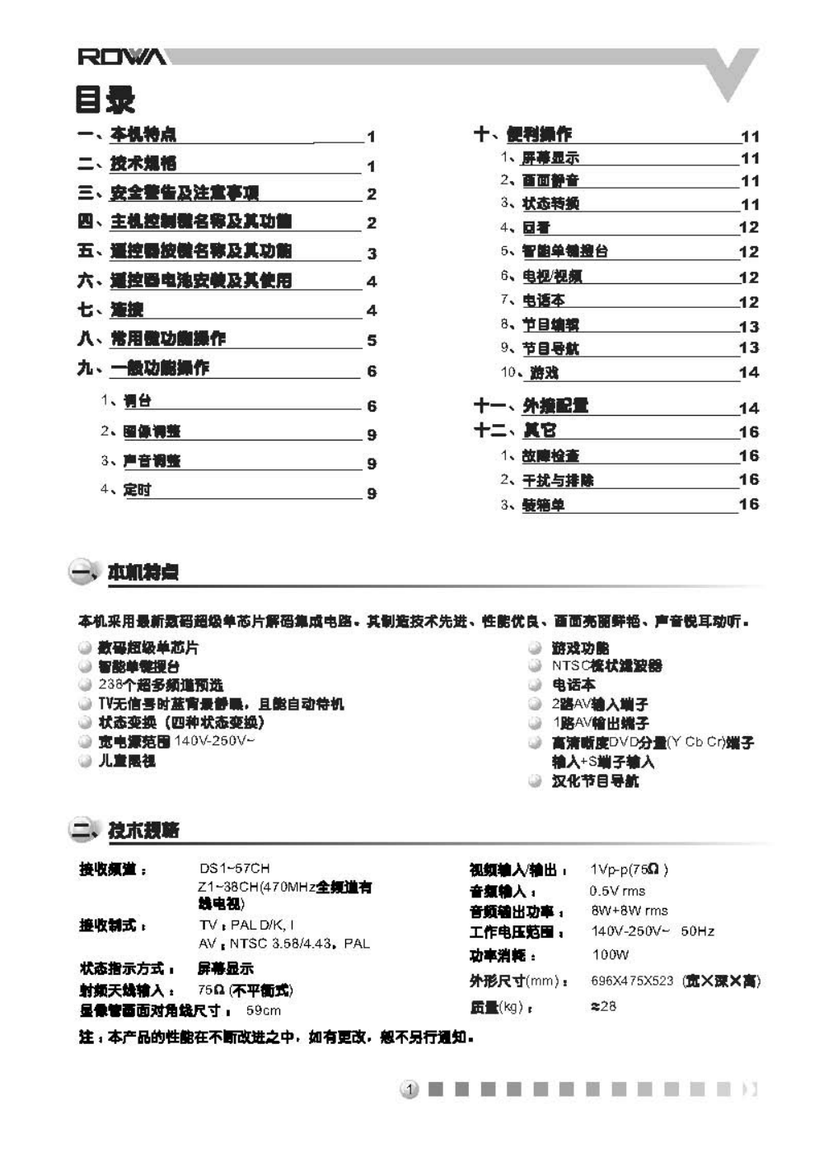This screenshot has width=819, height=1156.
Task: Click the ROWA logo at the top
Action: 122,57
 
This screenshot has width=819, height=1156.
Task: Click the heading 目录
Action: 105,100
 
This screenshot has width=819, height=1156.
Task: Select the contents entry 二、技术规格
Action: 127,163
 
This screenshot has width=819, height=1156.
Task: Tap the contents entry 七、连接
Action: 110,310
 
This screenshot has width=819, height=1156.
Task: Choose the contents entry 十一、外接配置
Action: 531,405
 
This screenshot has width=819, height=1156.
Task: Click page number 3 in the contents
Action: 372,254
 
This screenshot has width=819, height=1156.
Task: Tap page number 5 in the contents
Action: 372,340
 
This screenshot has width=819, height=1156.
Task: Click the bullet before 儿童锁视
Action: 85,761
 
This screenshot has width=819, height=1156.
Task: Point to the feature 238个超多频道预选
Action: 160,685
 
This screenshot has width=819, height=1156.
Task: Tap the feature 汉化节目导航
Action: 595,781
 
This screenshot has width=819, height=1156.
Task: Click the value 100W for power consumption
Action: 610,955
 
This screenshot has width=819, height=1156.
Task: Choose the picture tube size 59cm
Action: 263,1010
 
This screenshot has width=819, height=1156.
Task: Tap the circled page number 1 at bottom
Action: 409,1090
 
